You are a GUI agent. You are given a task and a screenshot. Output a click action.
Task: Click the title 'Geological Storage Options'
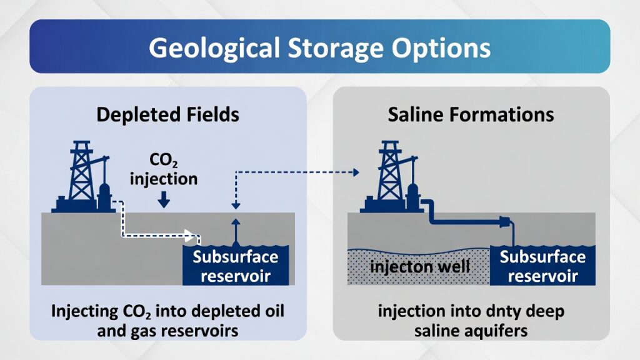pyautogui.click(x=319, y=47)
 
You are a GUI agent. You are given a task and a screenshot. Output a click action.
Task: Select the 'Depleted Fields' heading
pyautogui.click(x=167, y=115)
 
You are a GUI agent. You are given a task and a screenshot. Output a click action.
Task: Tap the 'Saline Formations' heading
pyautogui.click(x=471, y=115)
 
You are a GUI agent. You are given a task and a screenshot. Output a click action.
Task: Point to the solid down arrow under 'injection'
pyautogui.click(x=164, y=199)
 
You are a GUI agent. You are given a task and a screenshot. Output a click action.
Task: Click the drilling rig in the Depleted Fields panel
pyautogui.click(x=84, y=177)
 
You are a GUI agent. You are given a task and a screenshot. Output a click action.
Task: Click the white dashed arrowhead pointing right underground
pyautogui.click(x=189, y=235)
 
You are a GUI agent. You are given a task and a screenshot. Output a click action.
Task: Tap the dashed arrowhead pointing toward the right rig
pyautogui.click(x=356, y=172)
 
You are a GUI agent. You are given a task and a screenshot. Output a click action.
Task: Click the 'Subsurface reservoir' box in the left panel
pyautogui.click(x=236, y=265)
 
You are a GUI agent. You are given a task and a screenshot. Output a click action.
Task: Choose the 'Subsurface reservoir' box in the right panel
pyautogui.click(x=542, y=265)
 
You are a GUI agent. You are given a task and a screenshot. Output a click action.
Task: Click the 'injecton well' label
pyautogui.click(x=420, y=267)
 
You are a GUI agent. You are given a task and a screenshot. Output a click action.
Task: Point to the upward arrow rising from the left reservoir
pyautogui.click(x=236, y=232)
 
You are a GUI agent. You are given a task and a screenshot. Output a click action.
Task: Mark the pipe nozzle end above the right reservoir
pyautogui.click(x=505, y=222)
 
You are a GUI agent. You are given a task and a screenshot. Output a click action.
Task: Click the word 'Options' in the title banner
pyautogui.click(x=441, y=49)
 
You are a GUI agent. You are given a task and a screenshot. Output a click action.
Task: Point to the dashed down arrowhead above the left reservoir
pyautogui.click(x=236, y=206)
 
